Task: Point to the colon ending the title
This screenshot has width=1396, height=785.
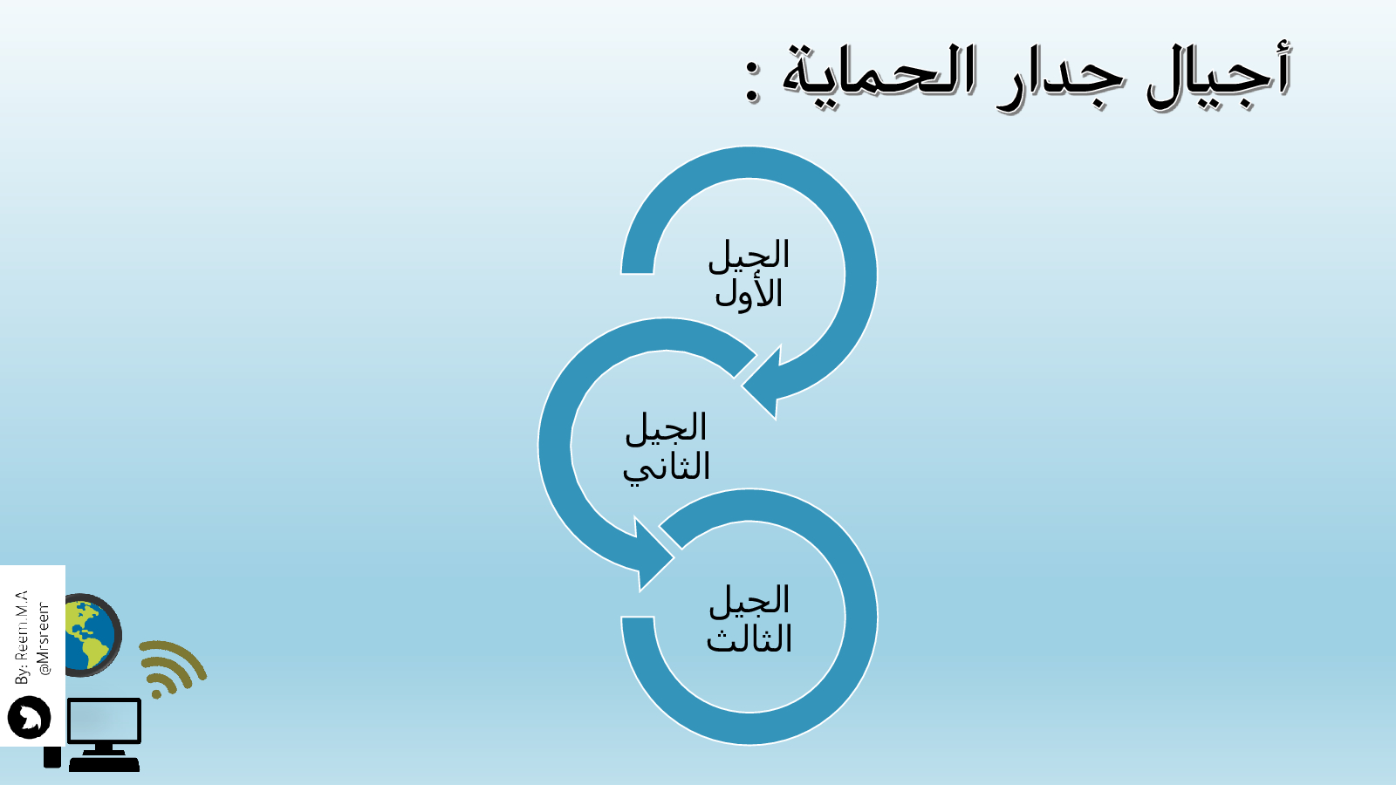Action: [x=753, y=82]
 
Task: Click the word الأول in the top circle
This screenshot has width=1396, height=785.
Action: [x=749, y=292]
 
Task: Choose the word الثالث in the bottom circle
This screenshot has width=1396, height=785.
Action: [x=749, y=638]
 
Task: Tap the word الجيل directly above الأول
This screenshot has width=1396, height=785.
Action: [x=749, y=255]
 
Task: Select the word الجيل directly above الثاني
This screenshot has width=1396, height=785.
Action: [x=667, y=428]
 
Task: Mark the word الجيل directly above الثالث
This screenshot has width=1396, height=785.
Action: [x=749, y=601]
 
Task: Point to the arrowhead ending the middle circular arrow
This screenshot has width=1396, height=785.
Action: [x=651, y=555]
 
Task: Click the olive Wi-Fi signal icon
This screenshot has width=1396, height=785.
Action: [x=171, y=668]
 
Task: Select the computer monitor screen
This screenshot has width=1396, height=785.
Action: [x=104, y=720]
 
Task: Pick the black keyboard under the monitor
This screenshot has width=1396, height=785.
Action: [x=105, y=764]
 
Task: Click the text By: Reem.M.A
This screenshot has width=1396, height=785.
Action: [x=21, y=637]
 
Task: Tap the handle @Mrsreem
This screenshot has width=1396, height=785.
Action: [x=44, y=638]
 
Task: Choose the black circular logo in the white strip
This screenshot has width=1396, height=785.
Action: [x=30, y=717]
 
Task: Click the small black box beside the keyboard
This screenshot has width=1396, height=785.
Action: [x=52, y=757]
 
